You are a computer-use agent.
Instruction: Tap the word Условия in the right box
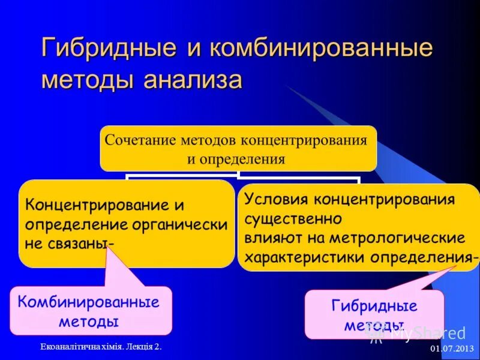tap(275, 199)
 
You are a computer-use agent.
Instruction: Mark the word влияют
tap(269, 238)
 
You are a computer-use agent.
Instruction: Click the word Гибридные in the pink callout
tap(374, 306)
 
